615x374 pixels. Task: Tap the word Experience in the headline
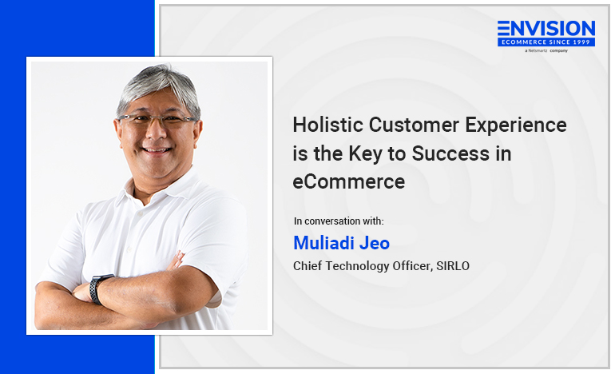(516, 125)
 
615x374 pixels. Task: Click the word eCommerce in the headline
(349, 181)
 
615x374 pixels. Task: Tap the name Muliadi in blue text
(323, 242)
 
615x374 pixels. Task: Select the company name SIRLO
(453, 266)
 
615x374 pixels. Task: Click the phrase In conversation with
(339, 221)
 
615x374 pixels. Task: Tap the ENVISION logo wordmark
(546, 28)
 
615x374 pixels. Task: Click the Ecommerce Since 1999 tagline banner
(546, 42)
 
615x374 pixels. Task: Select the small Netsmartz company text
(546, 50)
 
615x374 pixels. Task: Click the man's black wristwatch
(99, 288)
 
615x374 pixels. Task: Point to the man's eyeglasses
(157, 119)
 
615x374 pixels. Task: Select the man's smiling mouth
(157, 150)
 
